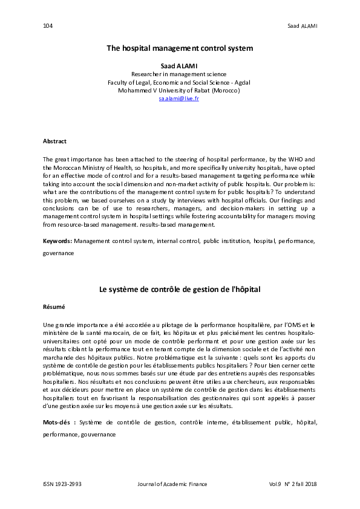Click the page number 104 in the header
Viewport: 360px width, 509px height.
tap(48, 25)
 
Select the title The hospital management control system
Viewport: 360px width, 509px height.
tap(180, 47)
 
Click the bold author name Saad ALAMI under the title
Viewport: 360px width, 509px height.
tap(179, 65)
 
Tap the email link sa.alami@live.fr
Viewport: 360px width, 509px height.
tap(179, 98)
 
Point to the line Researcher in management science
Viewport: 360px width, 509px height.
tap(179, 73)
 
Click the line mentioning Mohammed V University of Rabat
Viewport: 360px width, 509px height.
tap(179, 90)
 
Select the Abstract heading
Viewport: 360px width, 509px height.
tap(54, 141)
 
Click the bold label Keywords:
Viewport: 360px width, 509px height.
tap(57, 241)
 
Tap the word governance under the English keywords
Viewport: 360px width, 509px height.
tap(58, 253)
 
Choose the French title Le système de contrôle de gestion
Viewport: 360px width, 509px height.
tap(180, 290)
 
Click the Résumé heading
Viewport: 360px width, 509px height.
tap(54, 307)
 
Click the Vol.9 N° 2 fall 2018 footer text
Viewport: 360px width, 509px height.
tap(293, 484)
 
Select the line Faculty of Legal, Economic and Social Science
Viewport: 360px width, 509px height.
tap(179, 82)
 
